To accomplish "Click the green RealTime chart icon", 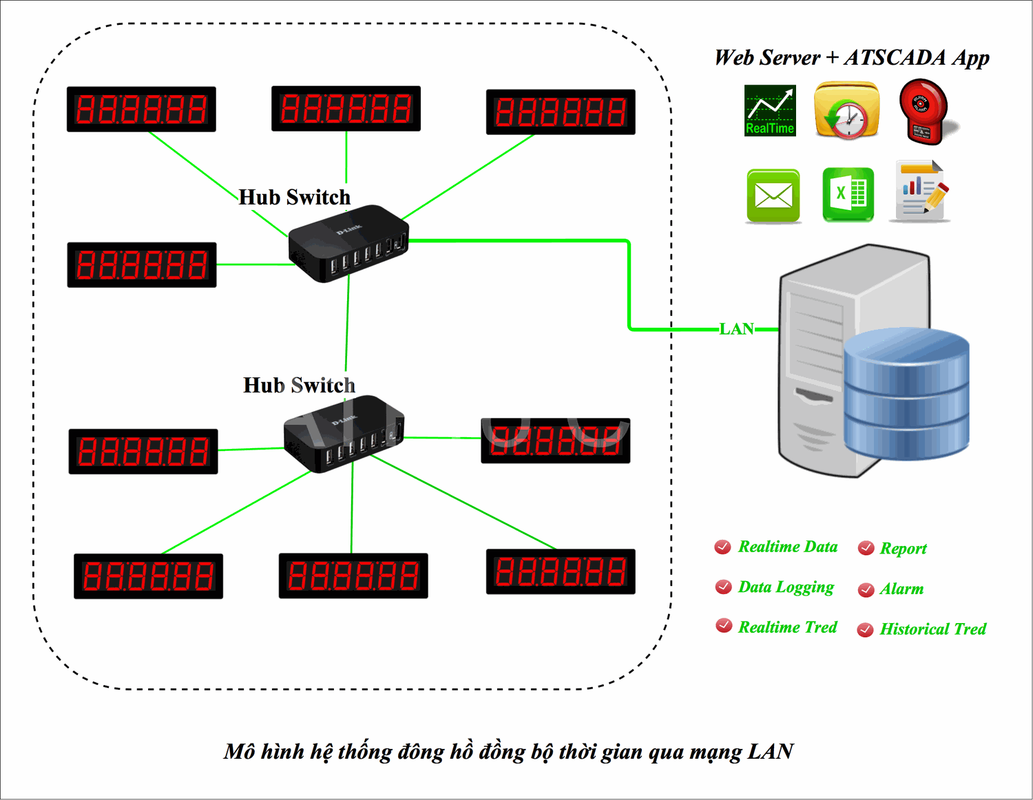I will [x=770, y=111].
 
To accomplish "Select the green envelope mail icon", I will [x=773, y=196].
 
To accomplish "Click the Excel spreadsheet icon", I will [x=848, y=195].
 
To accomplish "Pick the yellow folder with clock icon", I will [x=846, y=111].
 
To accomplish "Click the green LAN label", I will [x=736, y=329].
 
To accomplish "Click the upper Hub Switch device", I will [x=348, y=244].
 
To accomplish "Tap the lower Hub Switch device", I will [x=344, y=434].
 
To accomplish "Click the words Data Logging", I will [x=786, y=587].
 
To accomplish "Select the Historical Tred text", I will [x=932, y=629].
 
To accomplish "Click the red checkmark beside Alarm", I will [x=866, y=590].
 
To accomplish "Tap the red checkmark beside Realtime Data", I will [x=723, y=547].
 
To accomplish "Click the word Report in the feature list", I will [x=903, y=549].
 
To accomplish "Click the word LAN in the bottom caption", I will [x=771, y=752].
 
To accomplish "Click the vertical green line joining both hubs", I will [x=347, y=324].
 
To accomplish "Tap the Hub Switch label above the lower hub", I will [x=299, y=385].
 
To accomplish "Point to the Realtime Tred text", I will [x=787, y=627].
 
